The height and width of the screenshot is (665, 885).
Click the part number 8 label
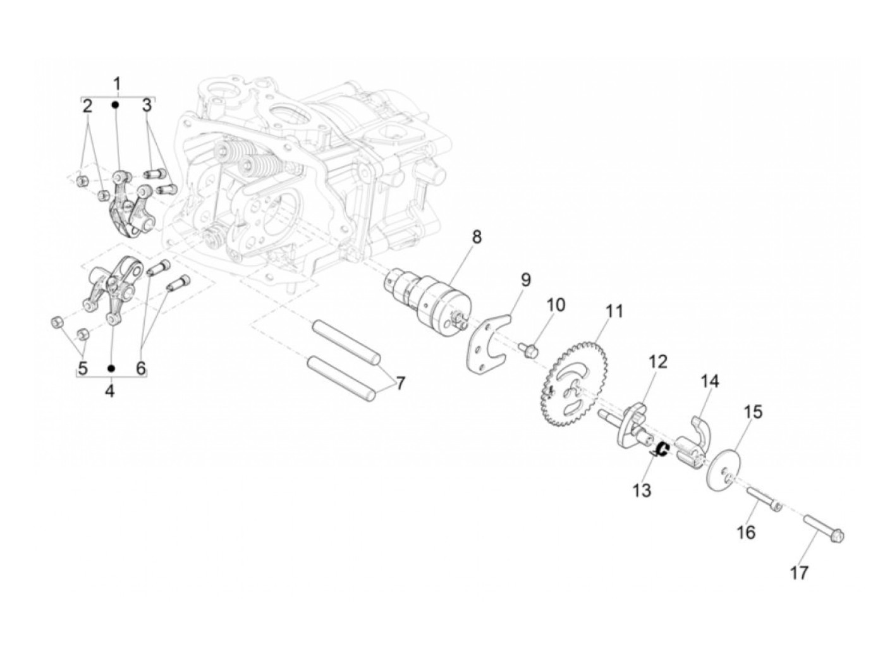coord(476,237)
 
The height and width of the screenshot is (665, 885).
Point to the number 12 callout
coord(657,362)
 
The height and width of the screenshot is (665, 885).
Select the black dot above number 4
coord(111,368)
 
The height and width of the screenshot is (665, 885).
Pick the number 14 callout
coord(709,381)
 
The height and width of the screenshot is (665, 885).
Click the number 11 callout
coord(614,311)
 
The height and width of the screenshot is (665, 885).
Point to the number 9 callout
coord(525,279)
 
